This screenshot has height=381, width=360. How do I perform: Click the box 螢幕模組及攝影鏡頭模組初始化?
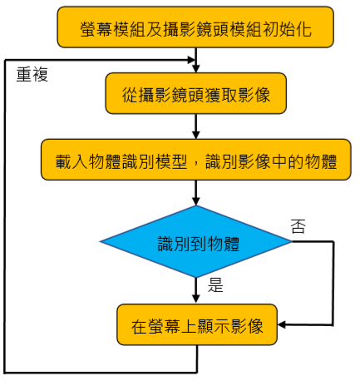point(195,27)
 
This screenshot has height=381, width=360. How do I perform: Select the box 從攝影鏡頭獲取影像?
point(195,93)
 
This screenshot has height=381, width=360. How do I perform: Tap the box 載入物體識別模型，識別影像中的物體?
point(196,160)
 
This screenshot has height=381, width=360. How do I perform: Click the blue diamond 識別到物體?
point(196,241)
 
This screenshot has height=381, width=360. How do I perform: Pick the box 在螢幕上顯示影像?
point(197,324)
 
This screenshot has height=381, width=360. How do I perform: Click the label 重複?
point(32,75)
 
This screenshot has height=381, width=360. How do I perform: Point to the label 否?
point(298,226)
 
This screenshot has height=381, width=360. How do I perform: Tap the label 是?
point(215,285)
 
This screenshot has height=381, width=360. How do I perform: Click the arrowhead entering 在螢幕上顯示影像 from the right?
point(281,324)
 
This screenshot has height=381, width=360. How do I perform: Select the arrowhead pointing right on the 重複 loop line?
point(192,60)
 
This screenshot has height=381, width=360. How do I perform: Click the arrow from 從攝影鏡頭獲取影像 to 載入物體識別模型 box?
point(196,126)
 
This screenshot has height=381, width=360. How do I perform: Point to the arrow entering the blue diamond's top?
point(196,193)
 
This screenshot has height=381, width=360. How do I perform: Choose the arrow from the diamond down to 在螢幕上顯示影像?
point(196,290)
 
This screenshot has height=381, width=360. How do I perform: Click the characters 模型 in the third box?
point(171,161)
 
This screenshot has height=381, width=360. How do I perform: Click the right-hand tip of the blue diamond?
point(292,241)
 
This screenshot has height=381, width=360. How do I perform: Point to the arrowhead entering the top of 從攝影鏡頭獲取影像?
point(196,69)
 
